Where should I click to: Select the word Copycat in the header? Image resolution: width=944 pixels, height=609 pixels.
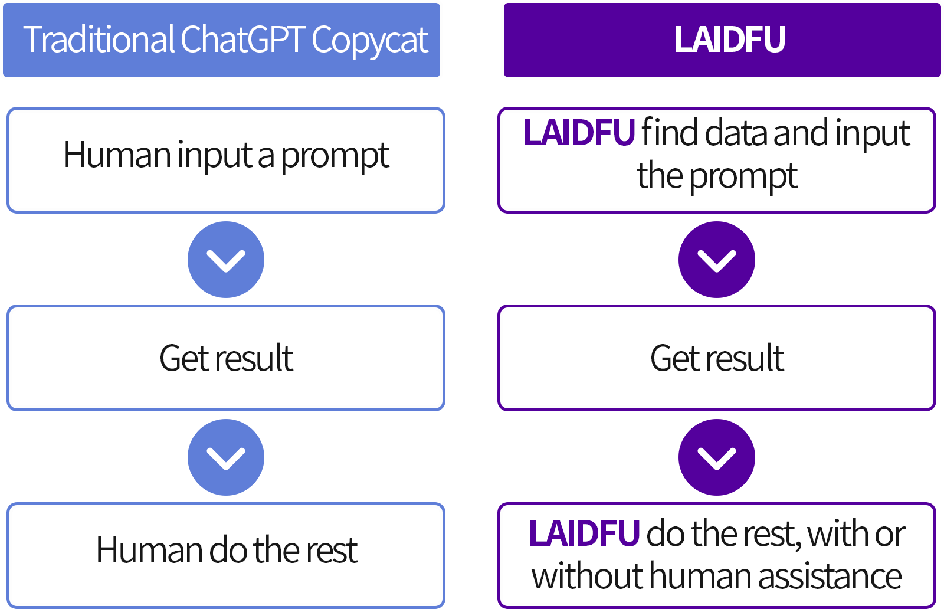(x=370, y=42)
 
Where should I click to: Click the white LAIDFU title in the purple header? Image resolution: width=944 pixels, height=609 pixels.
(x=729, y=39)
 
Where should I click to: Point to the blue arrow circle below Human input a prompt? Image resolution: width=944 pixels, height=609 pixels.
(x=226, y=260)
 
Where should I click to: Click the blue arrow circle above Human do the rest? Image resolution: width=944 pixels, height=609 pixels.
(x=226, y=457)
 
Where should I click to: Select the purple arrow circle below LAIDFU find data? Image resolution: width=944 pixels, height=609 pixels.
(x=716, y=260)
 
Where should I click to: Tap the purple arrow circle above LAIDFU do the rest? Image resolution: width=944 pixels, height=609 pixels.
(x=716, y=457)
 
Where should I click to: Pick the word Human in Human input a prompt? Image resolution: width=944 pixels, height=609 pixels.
(x=117, y=155)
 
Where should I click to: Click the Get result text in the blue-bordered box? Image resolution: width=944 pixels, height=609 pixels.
(x=227, y=358)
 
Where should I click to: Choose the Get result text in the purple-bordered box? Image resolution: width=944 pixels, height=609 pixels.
(x=717, y=358)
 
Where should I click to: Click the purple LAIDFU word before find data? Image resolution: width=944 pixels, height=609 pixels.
(x=579, y=132)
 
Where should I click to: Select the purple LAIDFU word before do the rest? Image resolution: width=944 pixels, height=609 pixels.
(x=584, y=533)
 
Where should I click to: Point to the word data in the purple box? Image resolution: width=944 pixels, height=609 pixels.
(x=737, y=133)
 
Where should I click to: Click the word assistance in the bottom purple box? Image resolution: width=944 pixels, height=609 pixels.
(x=830, y=576)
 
